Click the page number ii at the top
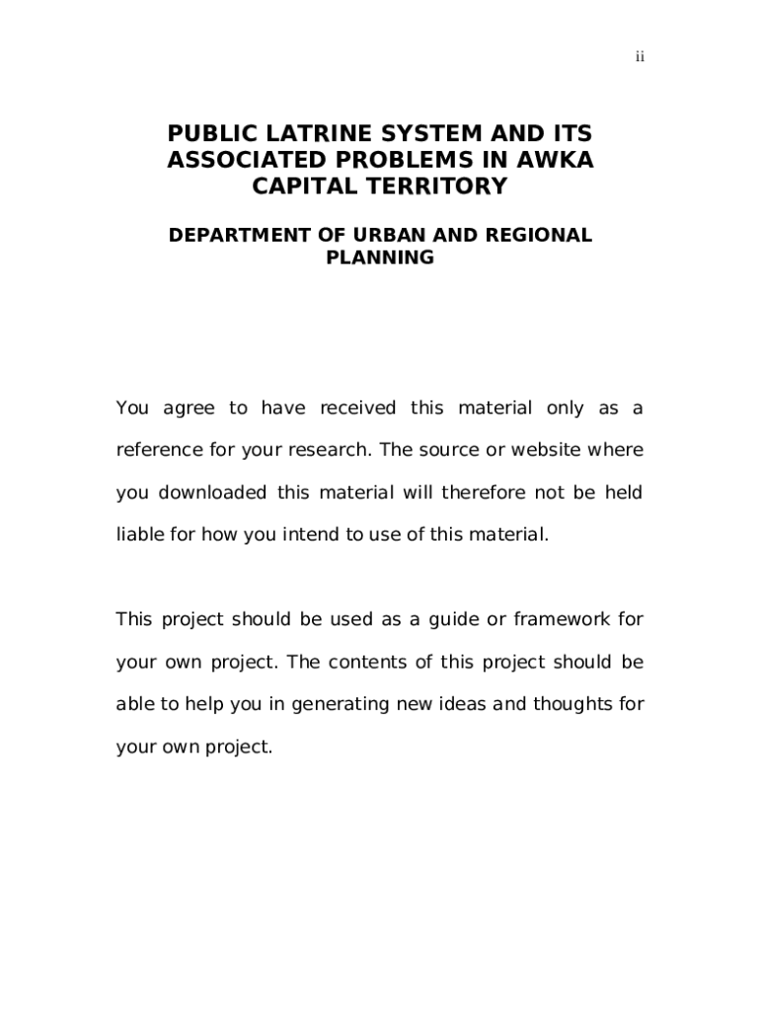(640, 57)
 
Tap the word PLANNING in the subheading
(380, 258)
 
